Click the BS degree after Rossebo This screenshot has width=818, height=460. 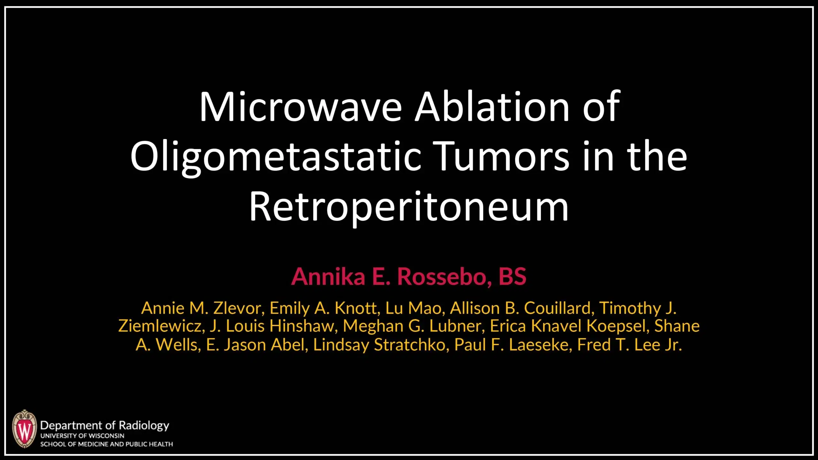point(512,277)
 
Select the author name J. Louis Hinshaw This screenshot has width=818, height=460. point(273,326)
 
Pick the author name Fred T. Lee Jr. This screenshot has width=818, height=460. point(629,345)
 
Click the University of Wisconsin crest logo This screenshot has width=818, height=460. point(24,429)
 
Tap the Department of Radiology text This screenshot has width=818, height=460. point(104,425)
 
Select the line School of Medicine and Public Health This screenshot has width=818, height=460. point(106,444)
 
